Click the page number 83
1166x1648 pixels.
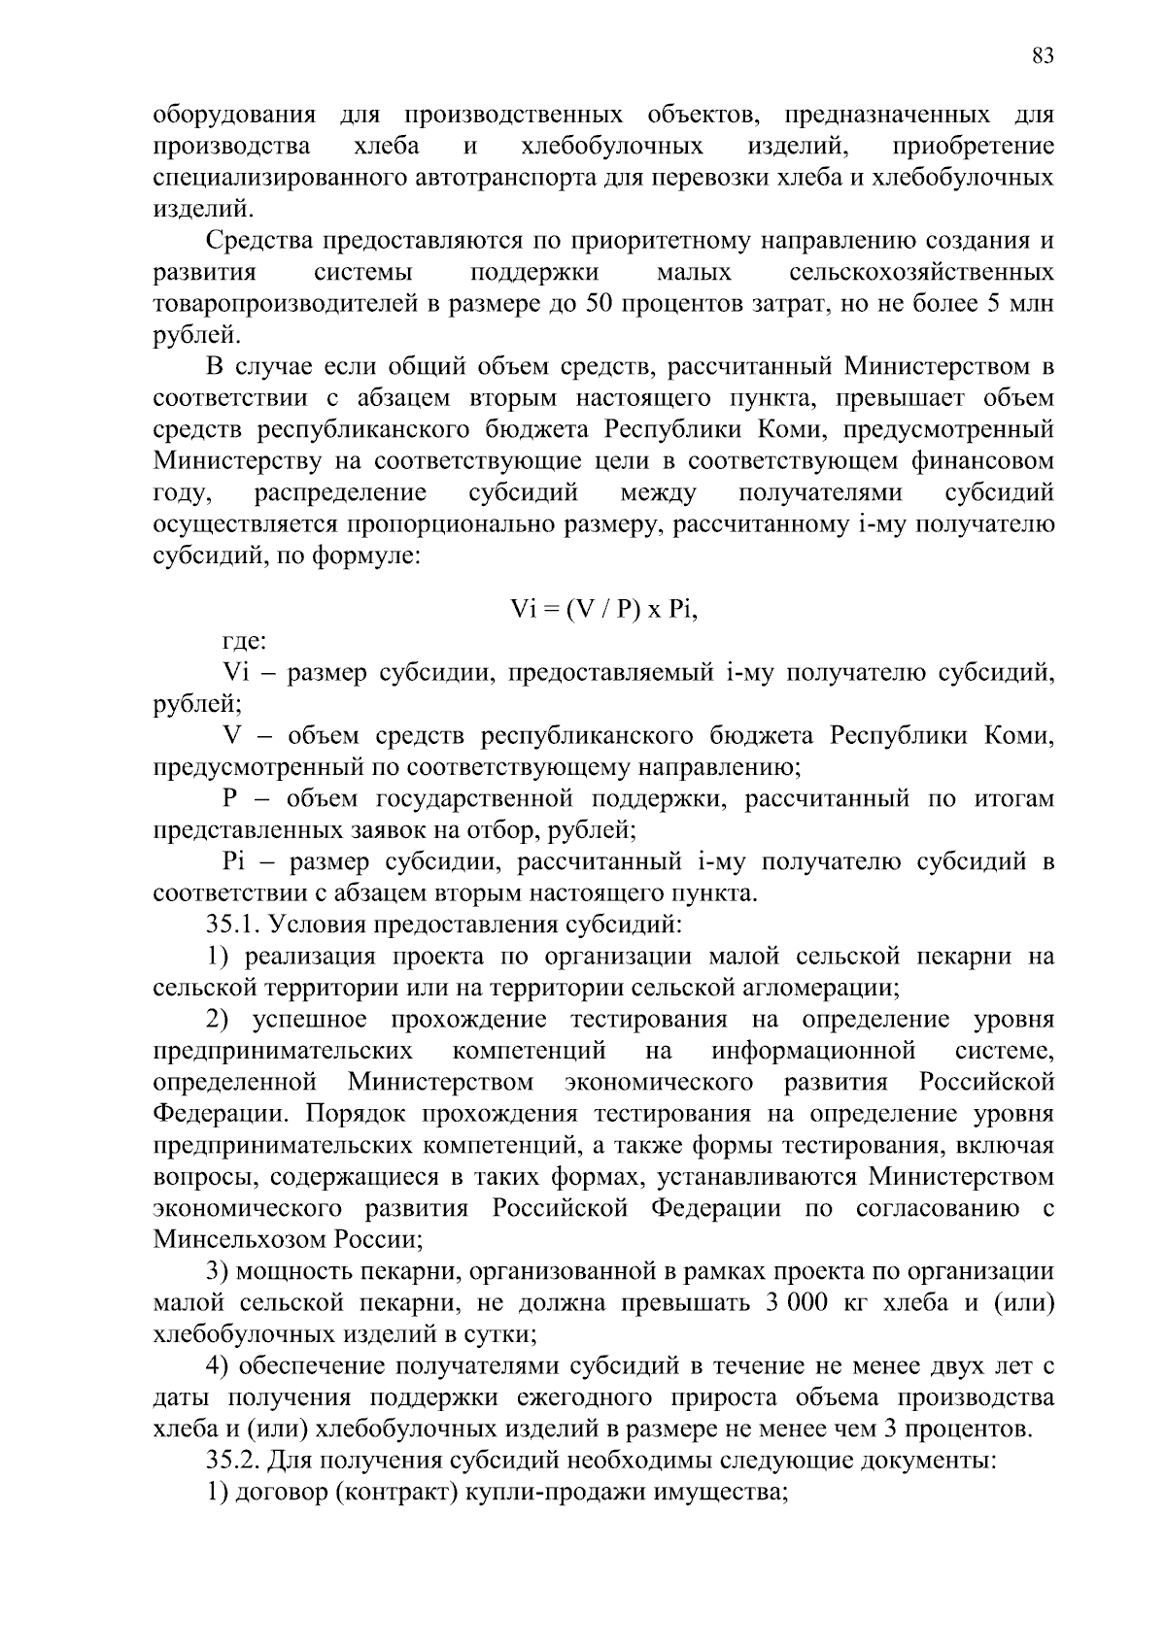[1042, 56]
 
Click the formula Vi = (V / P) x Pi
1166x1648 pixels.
[604, 610]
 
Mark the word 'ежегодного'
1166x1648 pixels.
[583, 1397]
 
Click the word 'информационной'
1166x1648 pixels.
[813, 1051]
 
